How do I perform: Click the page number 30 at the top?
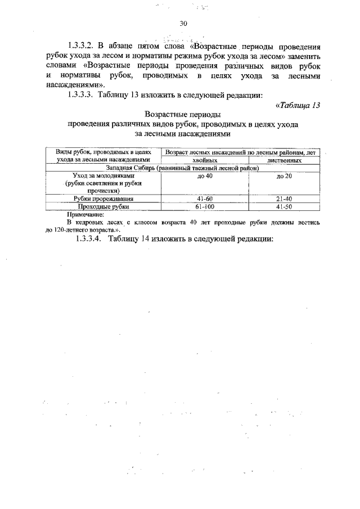click(183, 24)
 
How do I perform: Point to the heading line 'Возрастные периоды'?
click(182, 114)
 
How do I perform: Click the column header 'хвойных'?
click(204, 160)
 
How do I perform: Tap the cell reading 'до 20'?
click(284, 177)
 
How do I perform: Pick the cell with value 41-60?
click(204, 199)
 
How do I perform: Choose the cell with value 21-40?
click(284, 199)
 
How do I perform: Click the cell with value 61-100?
click(204, 206)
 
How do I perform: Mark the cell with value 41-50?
click(284, 206)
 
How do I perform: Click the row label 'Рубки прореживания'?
click(103, 199)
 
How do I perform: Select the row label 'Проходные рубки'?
click(103, 206)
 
